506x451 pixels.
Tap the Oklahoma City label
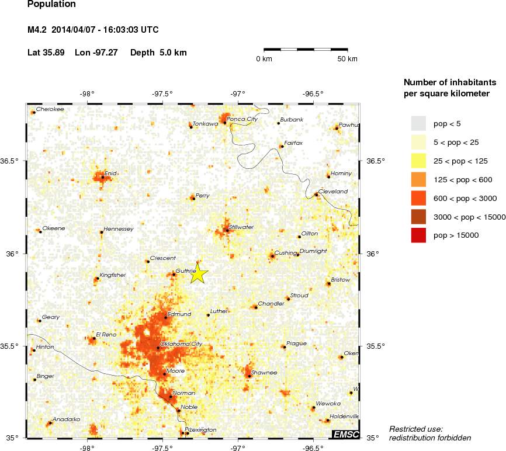(x=181, y=344)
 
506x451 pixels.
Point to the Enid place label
(x=110, y=173)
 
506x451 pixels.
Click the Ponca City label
(x=242, y=119)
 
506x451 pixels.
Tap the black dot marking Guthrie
(x=174, y=274)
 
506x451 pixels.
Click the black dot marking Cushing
(x=272, y=256)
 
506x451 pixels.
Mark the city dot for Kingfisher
(x=97, y=279)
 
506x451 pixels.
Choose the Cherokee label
(x=50, y=109)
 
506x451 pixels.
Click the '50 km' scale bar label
(x=348, y=59)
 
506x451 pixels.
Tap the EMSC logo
(x=346, y=434)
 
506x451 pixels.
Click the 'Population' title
(x=51, y=5)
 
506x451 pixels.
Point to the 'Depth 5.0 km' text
(x=158, y=53)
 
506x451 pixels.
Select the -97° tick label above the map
(x=237, y=93)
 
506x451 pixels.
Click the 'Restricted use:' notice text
(x=416, y=429)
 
